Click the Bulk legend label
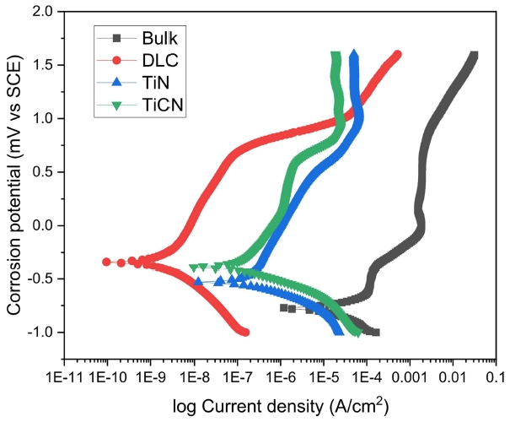[x=161, y=38]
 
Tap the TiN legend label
[x=158, y=82]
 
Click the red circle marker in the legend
[x=118, y=60]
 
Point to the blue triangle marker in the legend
[x=118, y=82]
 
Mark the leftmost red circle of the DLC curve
[x=107, y=262]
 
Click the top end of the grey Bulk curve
[x=474, y=57]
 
